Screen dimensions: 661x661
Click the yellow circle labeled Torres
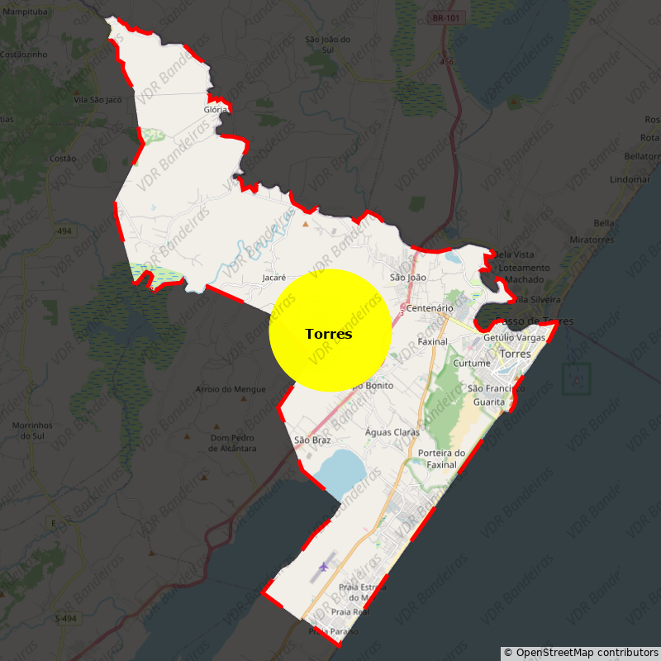[x=330, y=330]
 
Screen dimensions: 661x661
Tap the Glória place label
[x=215, y=109]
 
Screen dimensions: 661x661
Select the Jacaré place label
[x=273, y=278]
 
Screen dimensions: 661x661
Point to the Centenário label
[x=430, y=308]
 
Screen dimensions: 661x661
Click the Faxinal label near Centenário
[x=432, y=341]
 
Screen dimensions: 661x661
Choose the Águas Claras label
[x=392, y=432]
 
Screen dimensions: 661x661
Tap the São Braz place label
[x=312, y=440]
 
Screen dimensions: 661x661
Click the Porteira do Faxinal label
[x=441, y=459]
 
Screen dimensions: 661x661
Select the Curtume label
[x=472, y=364]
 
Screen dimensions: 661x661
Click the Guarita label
[x=489, y=402]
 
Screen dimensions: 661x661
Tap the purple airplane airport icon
[x=322, y=568]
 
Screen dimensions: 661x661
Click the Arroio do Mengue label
[x=231, y=389]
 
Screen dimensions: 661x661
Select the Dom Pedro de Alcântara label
[x=232, y=443]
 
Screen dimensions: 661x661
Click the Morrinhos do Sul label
[x=32, y=430]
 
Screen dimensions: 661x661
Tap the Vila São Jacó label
[x=97, y=100]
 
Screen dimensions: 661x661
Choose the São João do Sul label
[x=328, y=45]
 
